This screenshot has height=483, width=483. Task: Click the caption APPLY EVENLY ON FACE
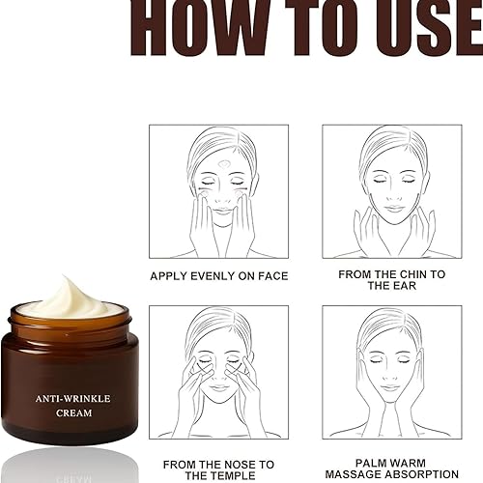tap(219, 276)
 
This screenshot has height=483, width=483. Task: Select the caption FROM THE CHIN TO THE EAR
tap(391, 280)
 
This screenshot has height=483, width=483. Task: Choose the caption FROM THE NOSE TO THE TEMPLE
tap(219, 470)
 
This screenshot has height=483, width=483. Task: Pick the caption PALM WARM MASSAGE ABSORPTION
tap(392, 470)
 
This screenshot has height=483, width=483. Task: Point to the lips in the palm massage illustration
tap(391, 388)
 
